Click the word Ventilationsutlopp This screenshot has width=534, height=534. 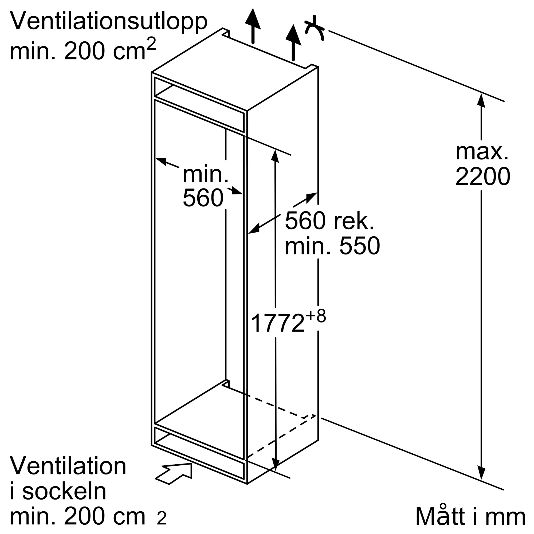(109, 22)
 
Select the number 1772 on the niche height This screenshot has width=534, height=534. (277, 323)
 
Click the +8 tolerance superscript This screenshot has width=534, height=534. (316, 316)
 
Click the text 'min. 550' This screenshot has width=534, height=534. (332, 246)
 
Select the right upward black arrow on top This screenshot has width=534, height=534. (293, 42)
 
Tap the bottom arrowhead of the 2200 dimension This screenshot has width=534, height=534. (481, 473)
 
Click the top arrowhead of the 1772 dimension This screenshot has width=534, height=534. (275, 156)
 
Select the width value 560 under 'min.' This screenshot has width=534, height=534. (203, 198)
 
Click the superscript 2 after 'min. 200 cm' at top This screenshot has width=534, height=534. (151, 44)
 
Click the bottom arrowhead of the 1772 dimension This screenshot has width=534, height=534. (275, 464)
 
